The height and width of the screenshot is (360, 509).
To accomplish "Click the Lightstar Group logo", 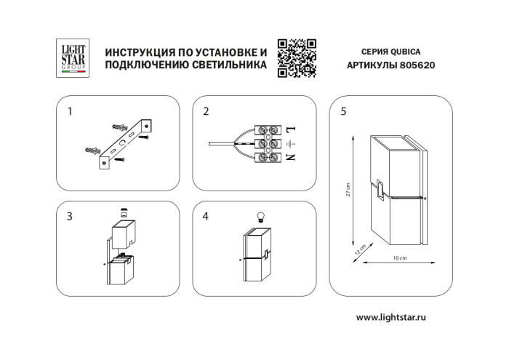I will [73, 57].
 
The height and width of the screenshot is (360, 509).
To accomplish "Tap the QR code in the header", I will [297, 57].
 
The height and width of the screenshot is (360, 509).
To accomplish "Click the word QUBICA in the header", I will [406, 52].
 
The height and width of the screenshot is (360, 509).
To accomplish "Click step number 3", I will [70, 217].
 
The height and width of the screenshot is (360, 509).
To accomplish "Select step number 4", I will [207, 217].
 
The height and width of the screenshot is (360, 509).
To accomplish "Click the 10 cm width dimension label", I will [398, 260].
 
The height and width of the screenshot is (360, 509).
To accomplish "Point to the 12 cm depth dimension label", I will [359, 249].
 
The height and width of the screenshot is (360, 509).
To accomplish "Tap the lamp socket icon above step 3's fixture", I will [124, 214].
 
